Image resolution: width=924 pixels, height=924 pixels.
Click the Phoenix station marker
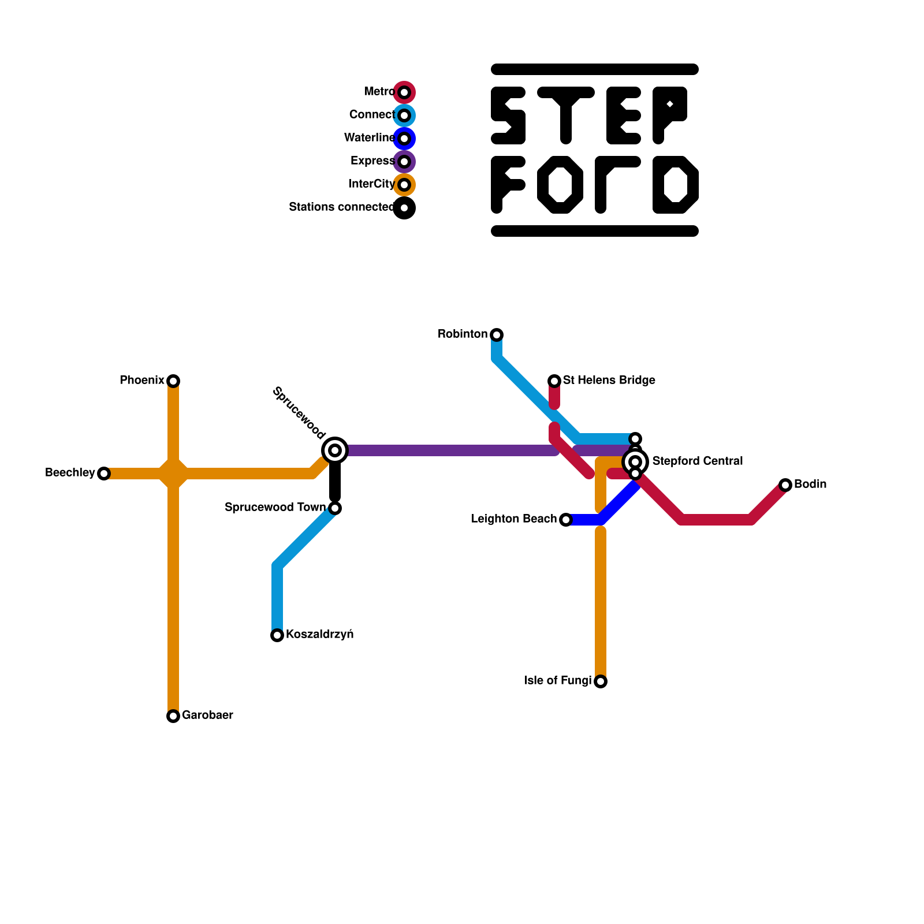[173, 381]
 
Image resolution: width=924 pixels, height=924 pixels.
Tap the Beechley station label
[70, 473]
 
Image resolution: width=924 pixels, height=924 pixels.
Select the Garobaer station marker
[173, 716]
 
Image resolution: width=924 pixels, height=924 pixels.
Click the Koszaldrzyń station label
[319, 635]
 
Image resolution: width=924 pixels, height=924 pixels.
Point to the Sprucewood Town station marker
[335, 508]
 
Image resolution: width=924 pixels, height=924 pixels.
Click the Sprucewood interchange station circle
[335, 450]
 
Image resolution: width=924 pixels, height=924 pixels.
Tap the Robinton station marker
[497, 335]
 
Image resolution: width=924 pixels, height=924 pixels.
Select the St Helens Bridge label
[609, 381]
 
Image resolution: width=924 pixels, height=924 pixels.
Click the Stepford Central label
[697, 461]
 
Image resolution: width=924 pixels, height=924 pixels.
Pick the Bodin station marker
[785, 485]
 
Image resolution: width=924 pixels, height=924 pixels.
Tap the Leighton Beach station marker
[566, 520]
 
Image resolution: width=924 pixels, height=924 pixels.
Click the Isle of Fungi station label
[558, 681]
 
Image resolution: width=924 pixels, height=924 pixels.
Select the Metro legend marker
[404, 92]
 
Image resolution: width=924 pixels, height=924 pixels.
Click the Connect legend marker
[404, 115]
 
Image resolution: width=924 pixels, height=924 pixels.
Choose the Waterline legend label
[369, 138]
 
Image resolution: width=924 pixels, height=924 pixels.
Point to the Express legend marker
[404, 162]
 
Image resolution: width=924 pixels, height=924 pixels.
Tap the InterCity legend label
[371, 184]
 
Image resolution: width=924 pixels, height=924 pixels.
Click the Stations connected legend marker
[404, 208]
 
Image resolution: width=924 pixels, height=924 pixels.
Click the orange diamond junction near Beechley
[173, 474]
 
